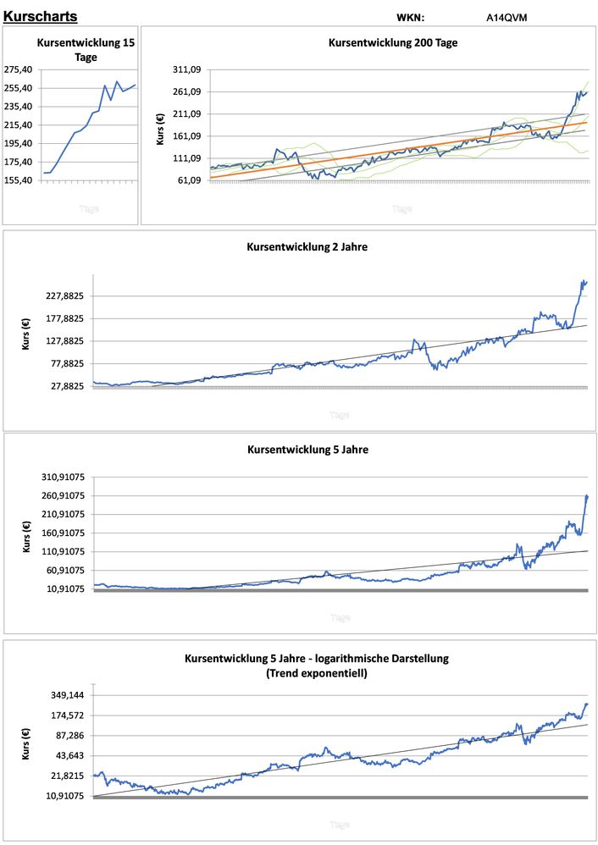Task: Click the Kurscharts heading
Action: pos(41,16)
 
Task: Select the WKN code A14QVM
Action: pos(507,17)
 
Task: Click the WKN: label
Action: pos(410,17)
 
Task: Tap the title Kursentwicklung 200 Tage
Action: pos(393,42)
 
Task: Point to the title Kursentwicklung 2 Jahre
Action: pos(307,247)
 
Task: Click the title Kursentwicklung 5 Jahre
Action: pos(307,450)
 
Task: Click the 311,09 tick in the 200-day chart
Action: pos(186,69)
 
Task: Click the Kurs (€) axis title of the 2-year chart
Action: pos(26,334)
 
